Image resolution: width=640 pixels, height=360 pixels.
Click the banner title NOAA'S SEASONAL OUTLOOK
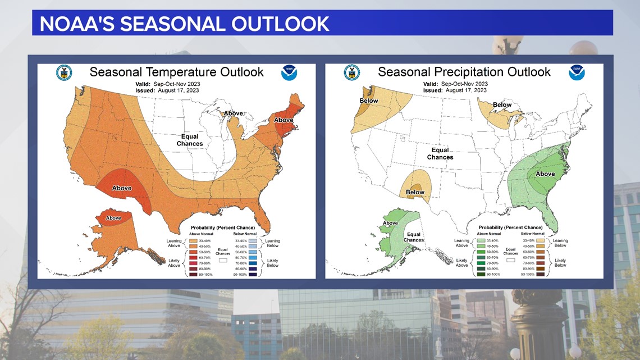184,23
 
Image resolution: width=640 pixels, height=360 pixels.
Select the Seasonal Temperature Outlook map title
176,72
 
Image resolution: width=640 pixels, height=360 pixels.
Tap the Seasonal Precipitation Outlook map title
464,72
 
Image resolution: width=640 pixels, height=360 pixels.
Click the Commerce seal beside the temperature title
64,72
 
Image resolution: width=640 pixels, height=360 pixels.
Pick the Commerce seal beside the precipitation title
352,72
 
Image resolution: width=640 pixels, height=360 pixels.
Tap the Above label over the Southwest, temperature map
122,188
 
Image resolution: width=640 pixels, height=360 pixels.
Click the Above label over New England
284,120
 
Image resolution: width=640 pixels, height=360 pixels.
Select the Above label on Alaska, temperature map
113,218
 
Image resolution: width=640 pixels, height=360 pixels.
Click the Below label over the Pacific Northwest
369,101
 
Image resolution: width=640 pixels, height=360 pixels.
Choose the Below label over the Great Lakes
502,105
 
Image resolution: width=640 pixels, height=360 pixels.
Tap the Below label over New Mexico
415,192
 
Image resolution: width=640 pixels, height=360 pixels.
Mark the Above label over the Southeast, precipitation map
545,174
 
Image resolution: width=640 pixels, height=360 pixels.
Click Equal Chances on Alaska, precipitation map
414,237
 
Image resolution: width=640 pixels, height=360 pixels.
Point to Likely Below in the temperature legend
272,263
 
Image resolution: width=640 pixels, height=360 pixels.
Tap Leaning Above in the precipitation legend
461,243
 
